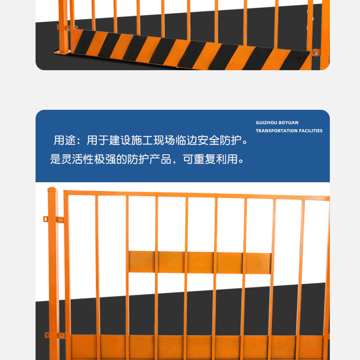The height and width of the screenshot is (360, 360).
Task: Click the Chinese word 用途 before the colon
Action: [x=65, y=140]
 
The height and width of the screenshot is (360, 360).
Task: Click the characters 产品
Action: [x=160, y=159]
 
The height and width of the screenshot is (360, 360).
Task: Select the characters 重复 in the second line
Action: [x=205, y=159]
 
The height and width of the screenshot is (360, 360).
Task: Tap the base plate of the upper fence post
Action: [x=63, y=52]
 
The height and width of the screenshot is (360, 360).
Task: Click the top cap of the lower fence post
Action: [x=52, y=189]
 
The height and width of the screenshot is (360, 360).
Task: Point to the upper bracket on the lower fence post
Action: [x=54, y=219]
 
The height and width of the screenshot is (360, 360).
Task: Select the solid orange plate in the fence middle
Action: [x=200, y=262]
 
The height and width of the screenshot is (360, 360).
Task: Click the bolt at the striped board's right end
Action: [x=316, y=54]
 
